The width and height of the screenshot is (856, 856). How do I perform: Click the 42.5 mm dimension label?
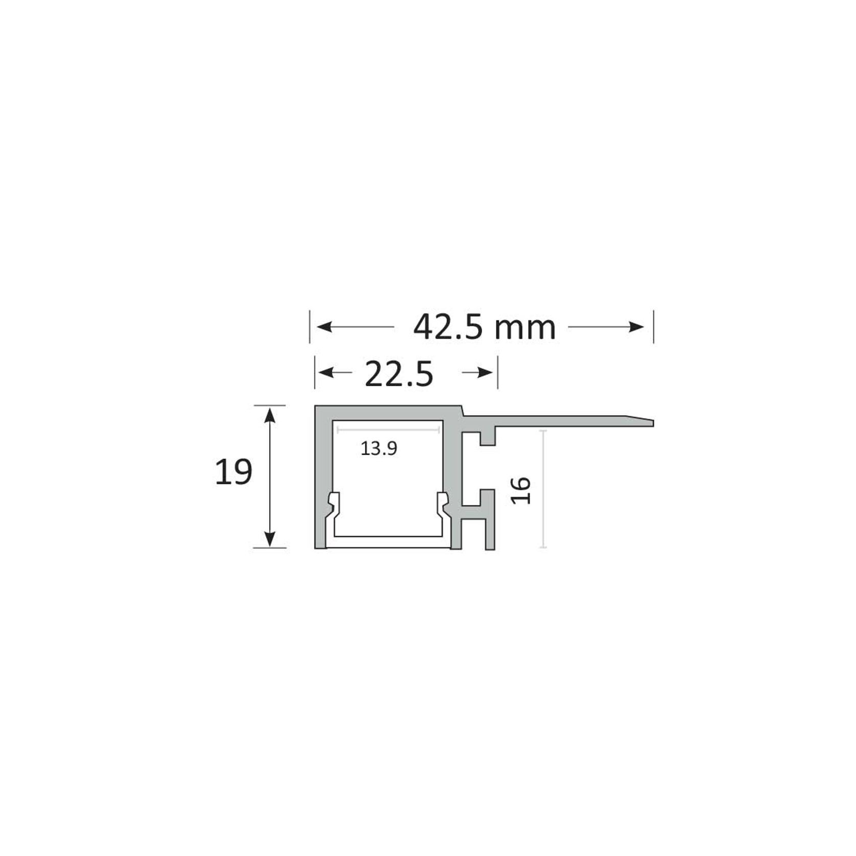(x=484, y=328)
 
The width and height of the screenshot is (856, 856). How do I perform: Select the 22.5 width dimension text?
(x=399, y=374)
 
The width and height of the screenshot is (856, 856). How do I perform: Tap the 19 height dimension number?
(x=233, y=472)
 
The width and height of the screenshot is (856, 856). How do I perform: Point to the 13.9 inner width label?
(x=378, y=449)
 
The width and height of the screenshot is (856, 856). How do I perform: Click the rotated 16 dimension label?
(x=521, y=490)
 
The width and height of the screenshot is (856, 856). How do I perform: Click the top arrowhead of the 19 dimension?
(x=270, y=415)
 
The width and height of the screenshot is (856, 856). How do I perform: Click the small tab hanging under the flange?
(x=488, y=437)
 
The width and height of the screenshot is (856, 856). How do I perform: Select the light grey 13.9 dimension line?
(x=388, y=430)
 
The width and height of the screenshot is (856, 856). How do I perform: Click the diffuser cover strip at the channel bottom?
(x=388, y=542)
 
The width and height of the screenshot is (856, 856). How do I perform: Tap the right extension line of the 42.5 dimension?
(x=653, y=327)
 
